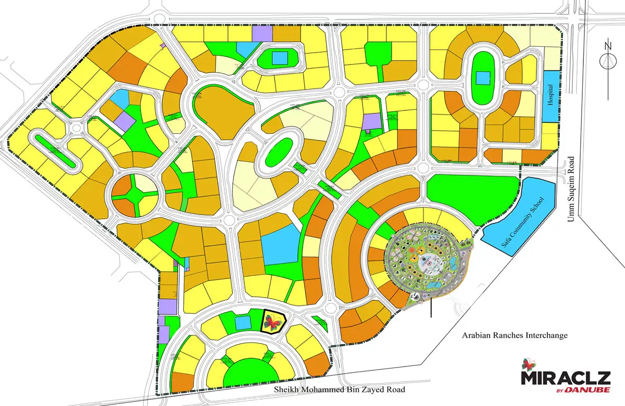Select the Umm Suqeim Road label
click(x=571, y=189)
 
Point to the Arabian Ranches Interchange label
click(x=515, y=335)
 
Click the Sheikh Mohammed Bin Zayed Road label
click(x=342, y=390)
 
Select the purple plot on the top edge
click(x=262, y=33)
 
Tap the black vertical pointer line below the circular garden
click(x=431, y=307)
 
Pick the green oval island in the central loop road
click(x=279, y=151)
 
